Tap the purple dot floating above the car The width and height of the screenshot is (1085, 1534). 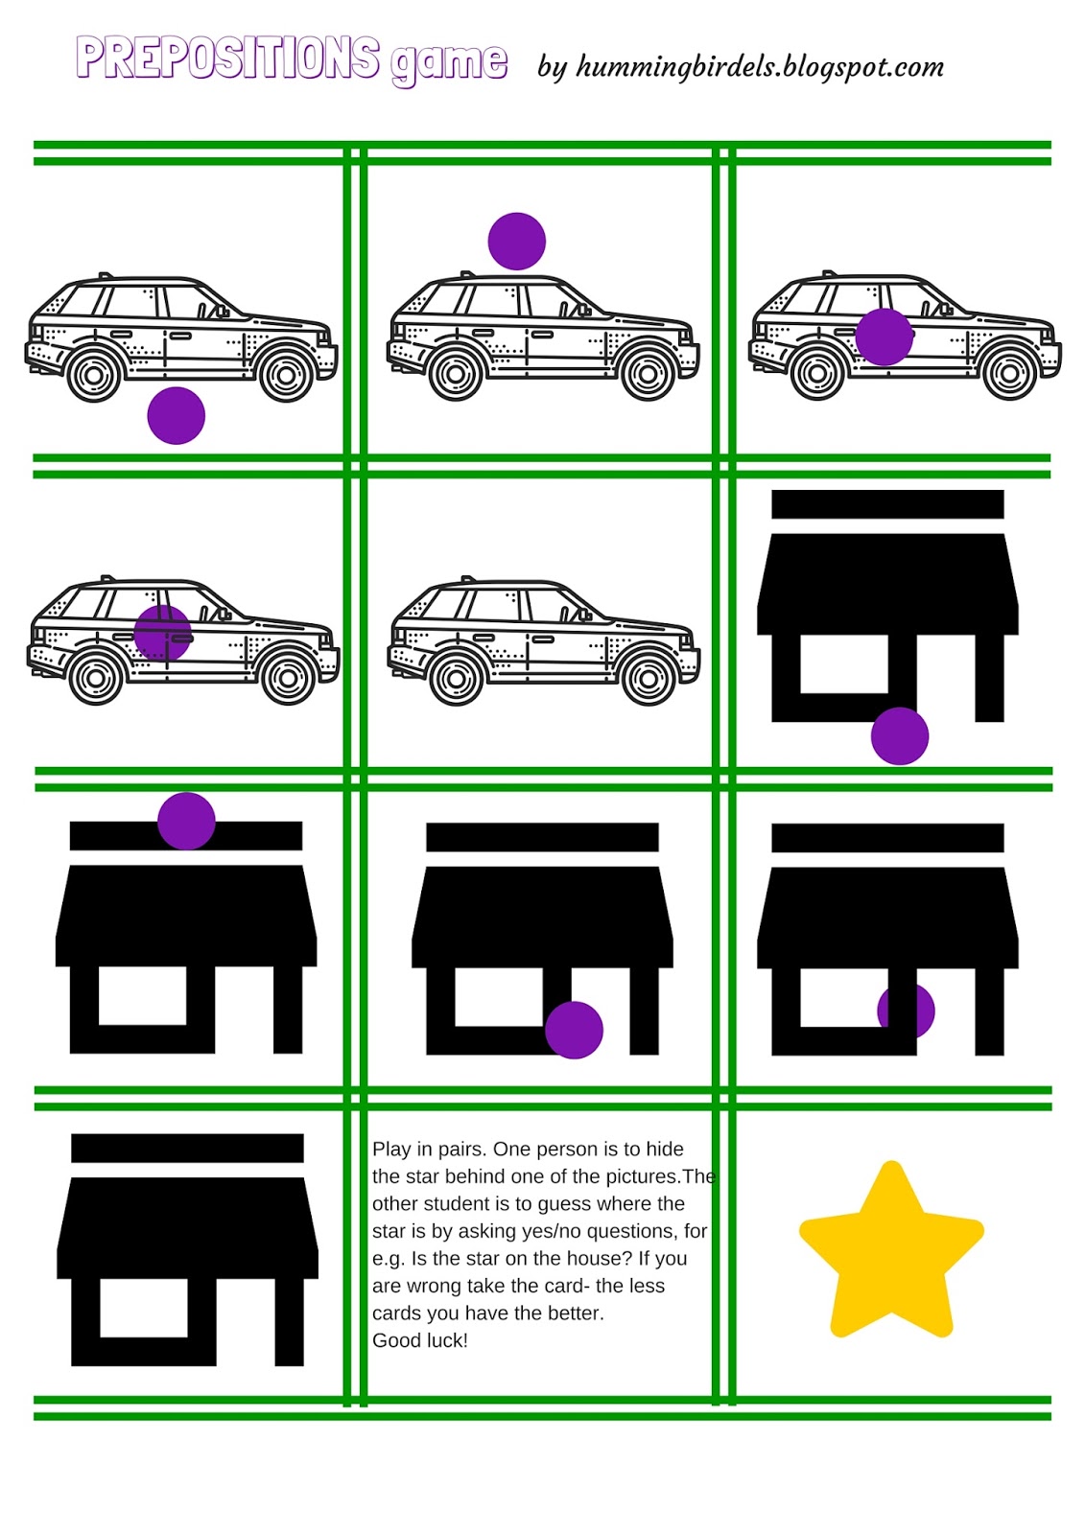(x=517, y=241)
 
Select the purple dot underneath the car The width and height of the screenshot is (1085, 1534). (x=177, y=416)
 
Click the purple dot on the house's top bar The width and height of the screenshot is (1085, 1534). (x=186, y=821)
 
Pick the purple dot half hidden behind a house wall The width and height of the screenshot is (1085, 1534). (x=907, y=1011)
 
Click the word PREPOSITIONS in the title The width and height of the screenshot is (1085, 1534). (x=227, y=58)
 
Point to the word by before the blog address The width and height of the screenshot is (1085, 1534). (x=552, y=68)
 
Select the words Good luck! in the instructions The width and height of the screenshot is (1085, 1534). (x=419, y=1340)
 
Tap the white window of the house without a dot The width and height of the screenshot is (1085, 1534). (x=144, y=1308)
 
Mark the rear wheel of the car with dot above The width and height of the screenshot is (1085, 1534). (x=456, y=374)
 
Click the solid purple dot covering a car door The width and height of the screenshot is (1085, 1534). (x=885, y=337)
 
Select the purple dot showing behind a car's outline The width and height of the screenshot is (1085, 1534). (x=162, y=634)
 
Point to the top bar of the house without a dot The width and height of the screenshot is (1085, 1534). (x=187, y=1148)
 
